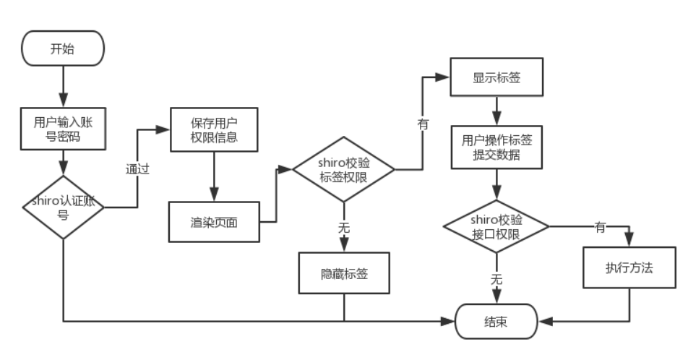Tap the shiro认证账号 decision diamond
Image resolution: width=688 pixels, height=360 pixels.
pyautogui.click(x=63, y=207)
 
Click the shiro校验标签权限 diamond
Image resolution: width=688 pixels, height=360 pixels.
pyautogui.click(x=344, y=169)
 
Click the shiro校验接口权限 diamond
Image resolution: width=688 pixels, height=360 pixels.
pyautogui.click(x=496, y=227)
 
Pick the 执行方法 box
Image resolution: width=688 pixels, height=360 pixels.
pyautogui.click(x=629, y=267)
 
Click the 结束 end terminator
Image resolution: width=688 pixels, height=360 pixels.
pyautogui.click(x=496, y=320)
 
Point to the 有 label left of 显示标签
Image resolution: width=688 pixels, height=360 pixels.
pyautogui.click(x=423, y=124)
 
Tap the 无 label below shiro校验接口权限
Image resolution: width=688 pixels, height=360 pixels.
pyautogui.click(x=496, y=278)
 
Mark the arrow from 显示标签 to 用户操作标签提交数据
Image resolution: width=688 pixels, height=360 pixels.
pyautogui.click(x=496, y=111)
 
